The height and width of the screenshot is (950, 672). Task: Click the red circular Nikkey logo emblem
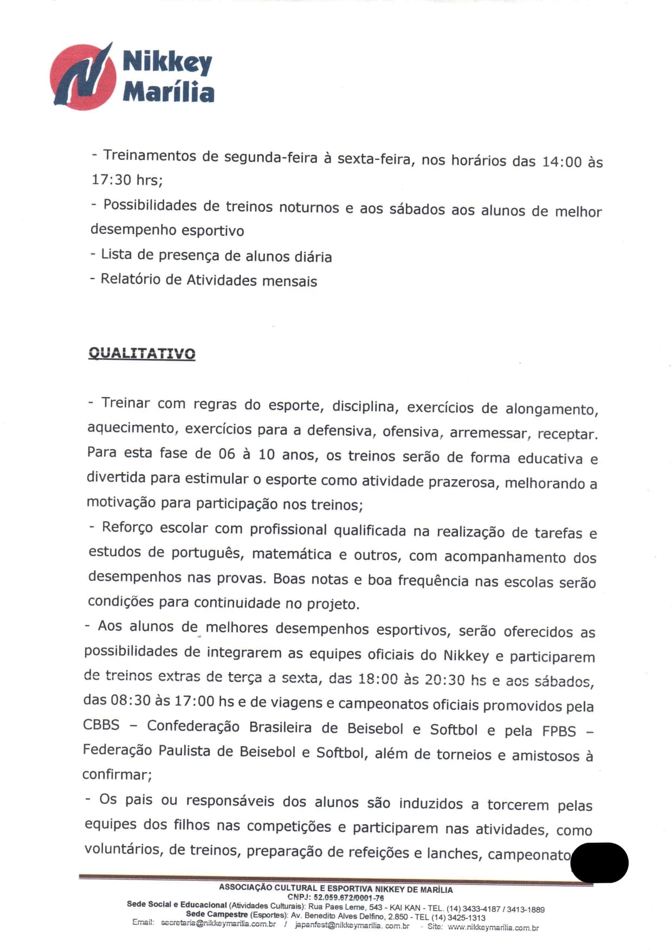83,76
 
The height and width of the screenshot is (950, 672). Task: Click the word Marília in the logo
168,92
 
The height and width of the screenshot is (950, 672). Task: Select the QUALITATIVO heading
141,353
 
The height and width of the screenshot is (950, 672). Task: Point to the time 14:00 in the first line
561,161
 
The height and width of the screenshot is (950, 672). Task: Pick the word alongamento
551,409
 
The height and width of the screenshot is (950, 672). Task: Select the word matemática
292,554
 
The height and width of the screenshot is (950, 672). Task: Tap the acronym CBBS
101,725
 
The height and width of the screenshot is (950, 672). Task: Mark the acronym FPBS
559,731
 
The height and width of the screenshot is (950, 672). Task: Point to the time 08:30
131,700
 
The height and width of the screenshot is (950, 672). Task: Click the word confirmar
117,775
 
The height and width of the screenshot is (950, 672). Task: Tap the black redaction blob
599,862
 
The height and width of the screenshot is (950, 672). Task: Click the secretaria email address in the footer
218,924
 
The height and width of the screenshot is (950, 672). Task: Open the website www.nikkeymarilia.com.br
493,928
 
